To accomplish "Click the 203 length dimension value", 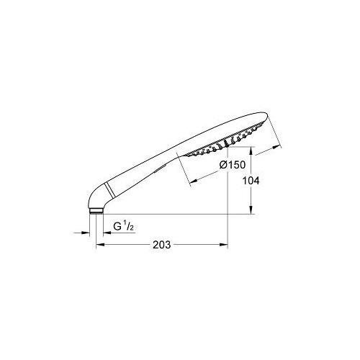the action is (x=162, y=245).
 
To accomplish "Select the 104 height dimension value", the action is (x=251, y=181).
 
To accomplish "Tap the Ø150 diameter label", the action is (x=233, y=165).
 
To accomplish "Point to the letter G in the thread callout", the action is (x=117, y=226).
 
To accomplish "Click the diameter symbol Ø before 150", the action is (x=223, y=165).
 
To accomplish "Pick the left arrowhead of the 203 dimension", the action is (x=100, y=245).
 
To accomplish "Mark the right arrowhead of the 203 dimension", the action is (x=223, y=245).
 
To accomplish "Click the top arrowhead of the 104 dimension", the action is (x=251, y=150).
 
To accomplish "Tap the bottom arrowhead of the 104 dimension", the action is (x=251, y=210).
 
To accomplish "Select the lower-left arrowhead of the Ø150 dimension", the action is (x=194, y=181).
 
